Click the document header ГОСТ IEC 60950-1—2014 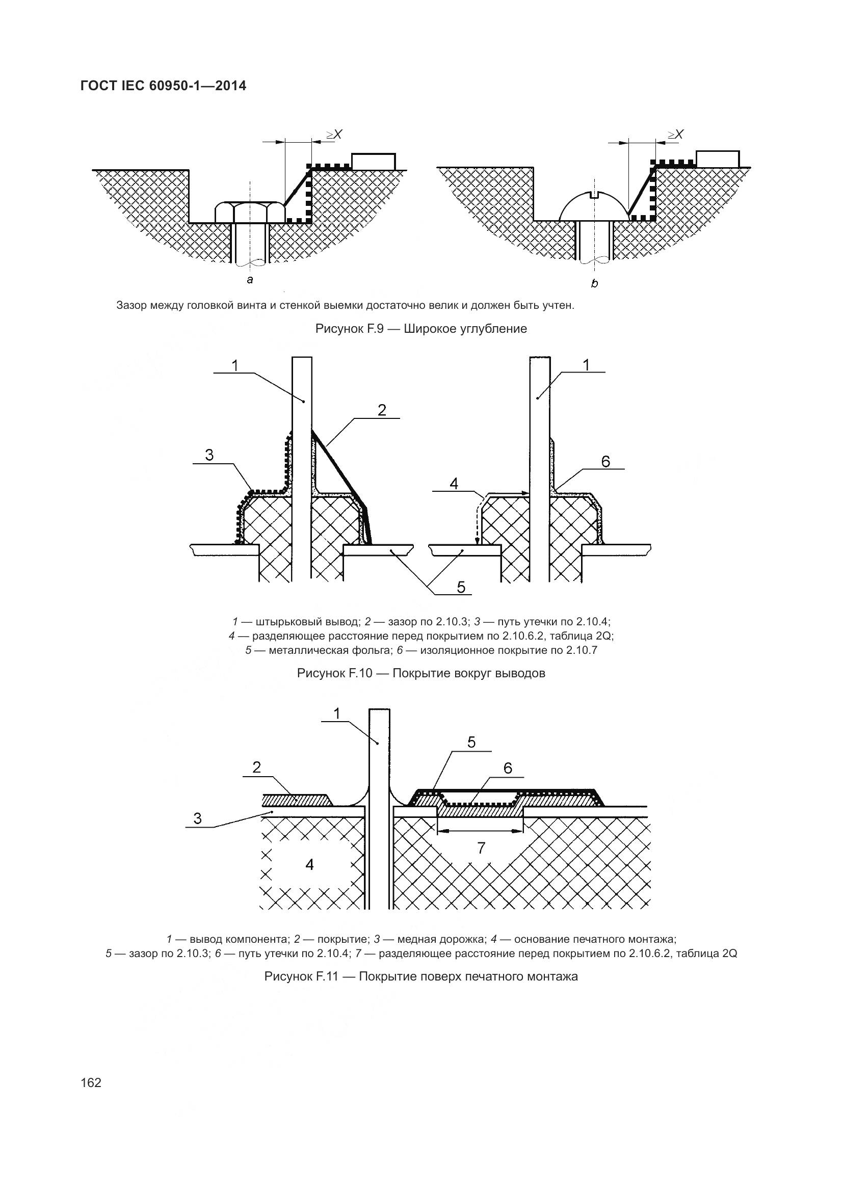[163, 86]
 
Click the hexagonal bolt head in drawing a [250, 213]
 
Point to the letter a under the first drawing [250, 280]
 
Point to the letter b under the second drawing [594, 283]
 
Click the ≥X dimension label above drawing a [334, 135]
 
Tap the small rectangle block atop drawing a [373, 162]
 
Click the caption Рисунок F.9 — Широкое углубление [421, 329]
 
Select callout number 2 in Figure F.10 [382, 410]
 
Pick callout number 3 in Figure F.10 [209, 455]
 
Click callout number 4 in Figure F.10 [454, 484]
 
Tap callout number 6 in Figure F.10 [605, 461]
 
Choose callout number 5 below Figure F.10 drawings [461, 587]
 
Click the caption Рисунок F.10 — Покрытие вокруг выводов [421, 673]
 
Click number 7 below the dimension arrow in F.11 [481, 848]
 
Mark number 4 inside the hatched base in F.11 [309, 864]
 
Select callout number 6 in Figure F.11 [508, 768]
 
